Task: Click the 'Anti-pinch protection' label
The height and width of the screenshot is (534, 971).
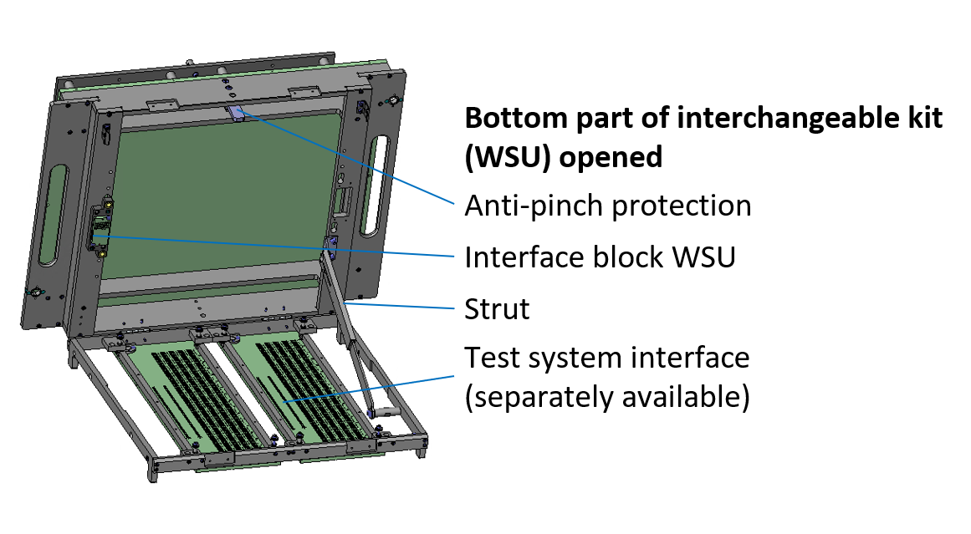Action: tap(607, 205)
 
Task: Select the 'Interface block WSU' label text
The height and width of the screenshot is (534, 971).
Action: tap(600, 257)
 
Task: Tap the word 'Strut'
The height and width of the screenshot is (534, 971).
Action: tap(497, 309)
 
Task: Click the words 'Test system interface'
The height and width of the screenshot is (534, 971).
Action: tap(606, 358)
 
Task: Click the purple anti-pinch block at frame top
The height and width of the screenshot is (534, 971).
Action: tap(238, 113)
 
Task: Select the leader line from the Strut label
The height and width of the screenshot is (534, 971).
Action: tap(401, 305)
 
